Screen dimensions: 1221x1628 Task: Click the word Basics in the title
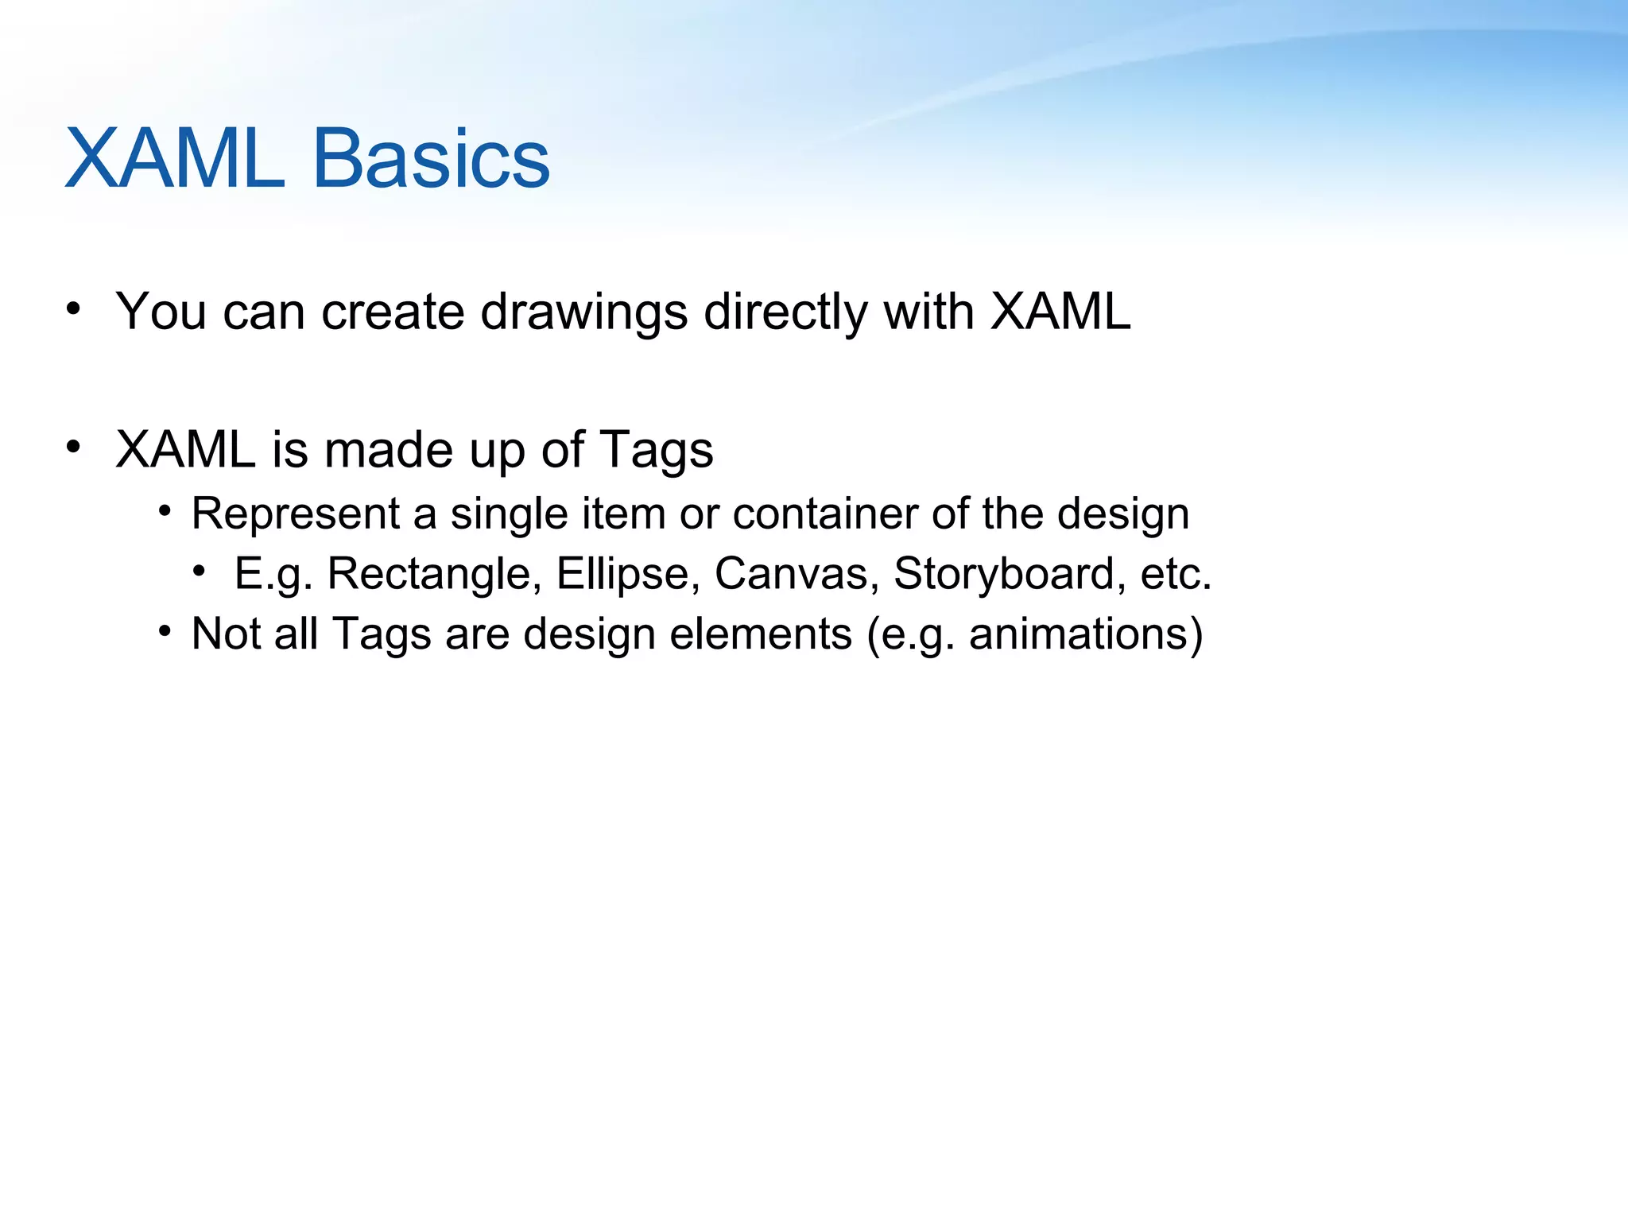click(431, 159)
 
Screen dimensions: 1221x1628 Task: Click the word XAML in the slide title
click(175, 159)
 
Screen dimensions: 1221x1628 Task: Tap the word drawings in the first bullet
click(584, 312)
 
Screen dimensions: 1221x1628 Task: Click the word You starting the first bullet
click(161, 312)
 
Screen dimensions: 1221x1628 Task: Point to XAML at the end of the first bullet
click(1060, 312)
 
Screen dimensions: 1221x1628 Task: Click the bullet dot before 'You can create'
click(74, 308)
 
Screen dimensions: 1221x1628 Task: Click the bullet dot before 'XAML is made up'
click(74, 447)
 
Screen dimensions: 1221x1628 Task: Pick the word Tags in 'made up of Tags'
click(656, 451)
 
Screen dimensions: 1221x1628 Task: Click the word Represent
click(296, 514)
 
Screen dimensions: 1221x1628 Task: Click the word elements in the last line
click(761, 634)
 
